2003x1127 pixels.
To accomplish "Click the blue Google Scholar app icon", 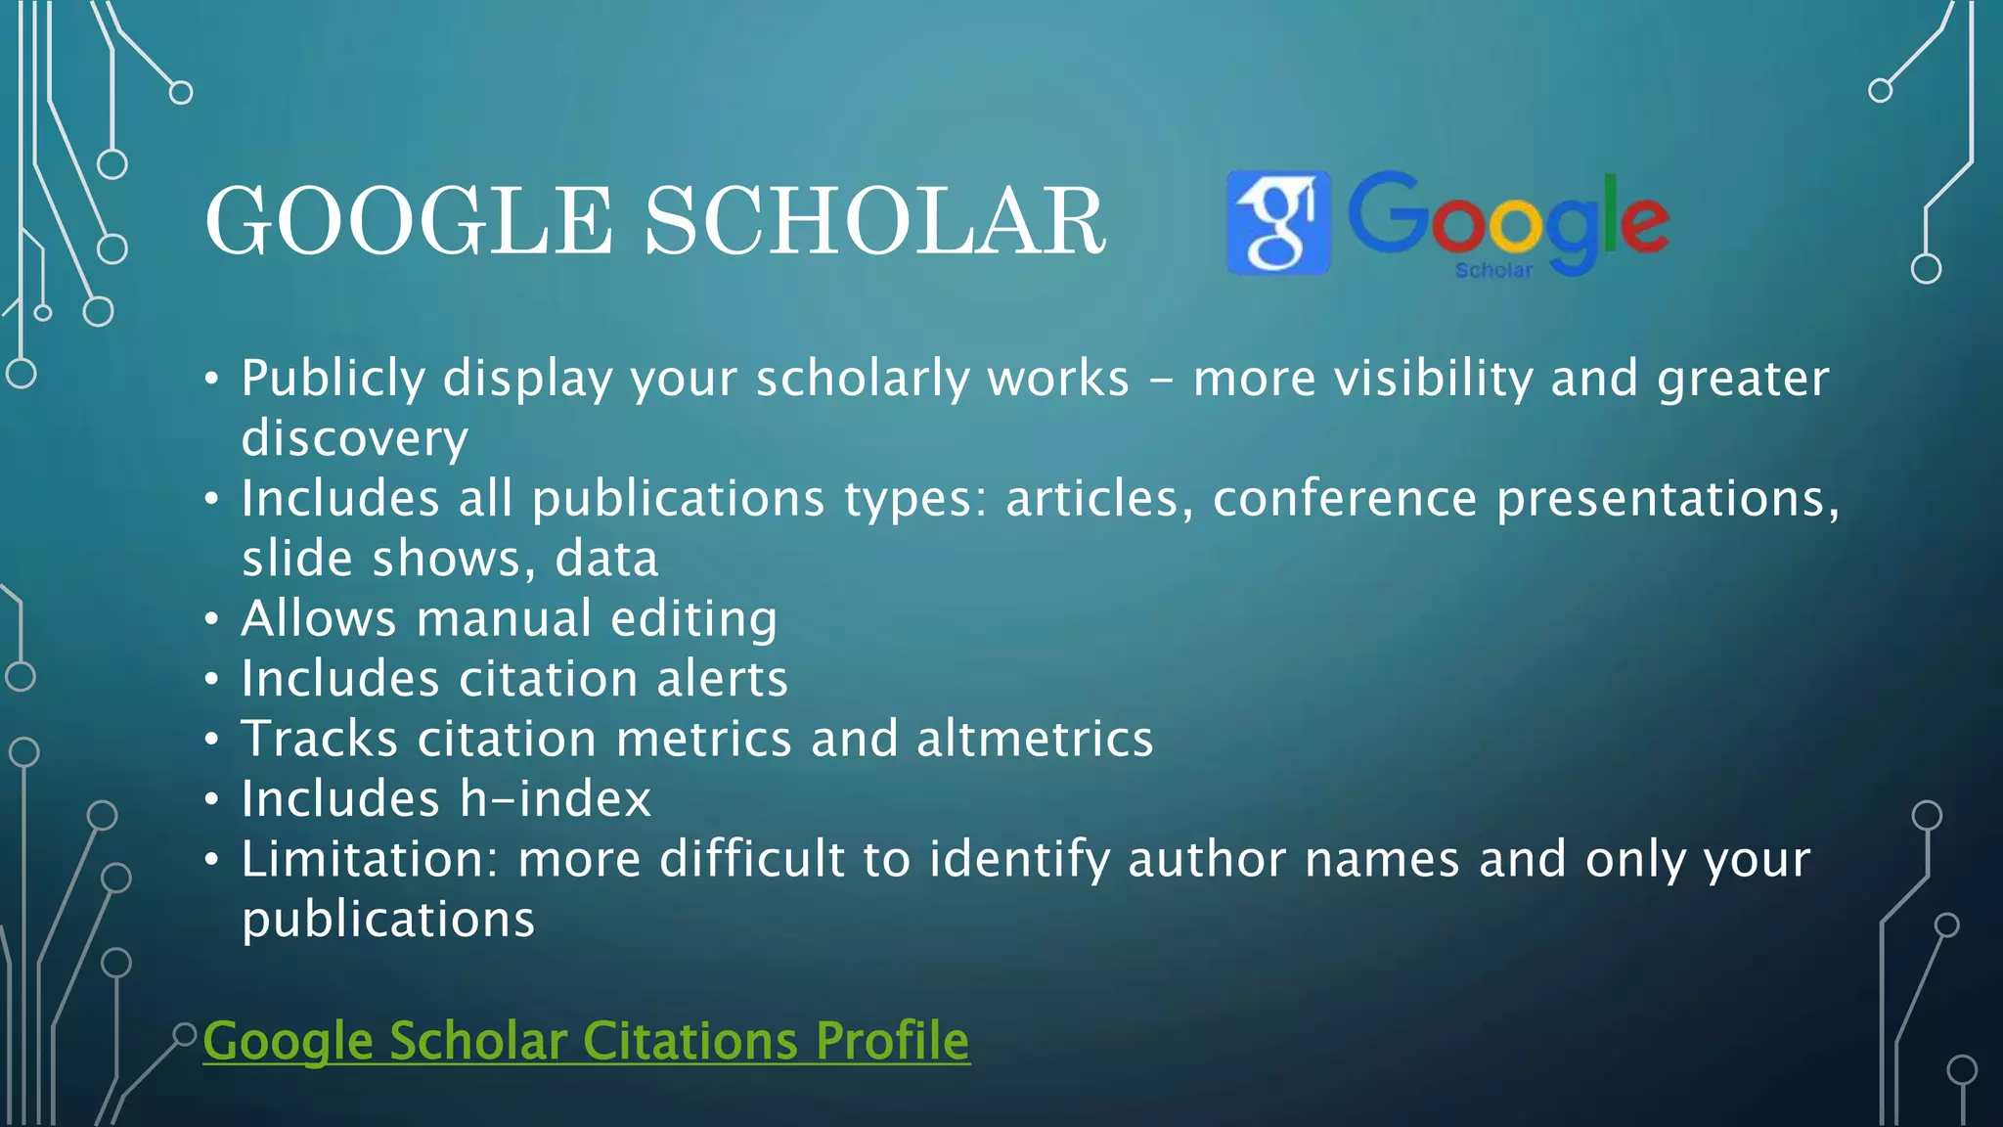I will pyautogui.click(x=1278, y=222).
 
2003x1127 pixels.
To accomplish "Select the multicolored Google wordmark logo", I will pyautogui.click(x=1508, y=217).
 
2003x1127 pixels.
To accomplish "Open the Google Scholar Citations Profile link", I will pyautogui.click(x=586, y=1040).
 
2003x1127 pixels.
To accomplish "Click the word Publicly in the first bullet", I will pyautogui.click(x=334, y=380).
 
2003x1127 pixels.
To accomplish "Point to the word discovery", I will pyautogui.click(x=354, y=438).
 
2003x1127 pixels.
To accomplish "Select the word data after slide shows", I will pyautogui.click(x=606, y=560).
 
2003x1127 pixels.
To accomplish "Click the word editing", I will pyautogui.click(x=693, y=619).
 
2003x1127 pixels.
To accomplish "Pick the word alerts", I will pyautogui.click(x=722, y=679).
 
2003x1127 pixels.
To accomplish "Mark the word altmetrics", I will pyautogui.click(x=1035, y=739).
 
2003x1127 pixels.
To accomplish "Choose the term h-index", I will pyautogui.click(x=555, y=799).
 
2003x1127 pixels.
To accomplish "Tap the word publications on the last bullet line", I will pyautogui.click(x=388, y=921).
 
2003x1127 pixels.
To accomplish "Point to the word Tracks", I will pyautogui.click(x=321, y=739).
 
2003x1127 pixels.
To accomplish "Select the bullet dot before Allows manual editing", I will pyautogui.click(x=212, y=620).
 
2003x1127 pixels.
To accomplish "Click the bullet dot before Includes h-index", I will pyautogui.click(x=212, y=800).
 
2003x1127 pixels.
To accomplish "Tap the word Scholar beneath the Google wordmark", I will pyautogui.click(x=1493, y=270).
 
